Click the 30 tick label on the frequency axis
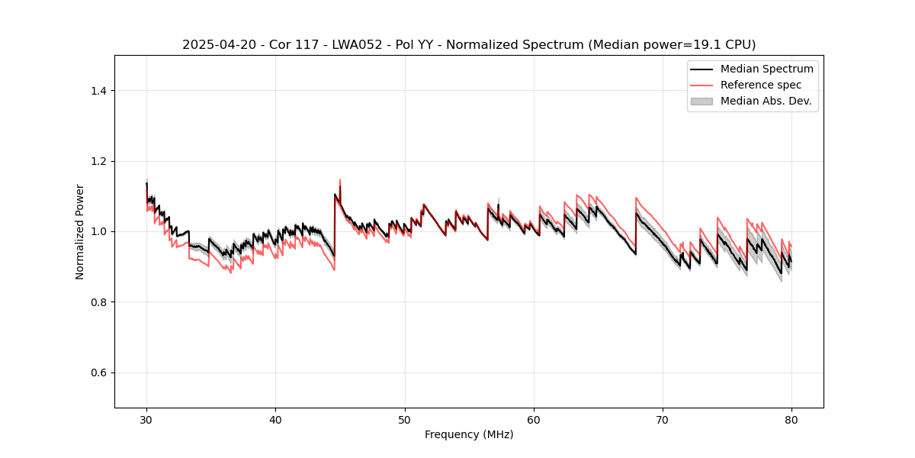coord(146,419)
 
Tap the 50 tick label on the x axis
coord(405,419)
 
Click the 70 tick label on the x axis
coord(663,419)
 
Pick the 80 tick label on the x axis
coord(791,419)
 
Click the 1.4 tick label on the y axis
coord(98,91)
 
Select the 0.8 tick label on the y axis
coord(98,302)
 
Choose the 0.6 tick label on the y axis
coord(98,373)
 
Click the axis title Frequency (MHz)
coord(469,434)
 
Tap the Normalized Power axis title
coord(80,231)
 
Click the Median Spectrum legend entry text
coord(766,69)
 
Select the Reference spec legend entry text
coord(760,85)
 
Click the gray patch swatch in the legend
coord(701,101)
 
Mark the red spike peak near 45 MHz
coord(340,180)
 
